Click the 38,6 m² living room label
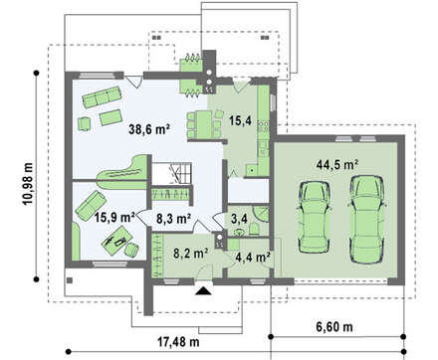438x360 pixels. [149, 129]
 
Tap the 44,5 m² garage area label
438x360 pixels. [336, 165]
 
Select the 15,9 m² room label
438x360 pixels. [114, 218]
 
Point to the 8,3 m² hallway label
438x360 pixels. [173, 219]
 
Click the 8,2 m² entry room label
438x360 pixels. [191, 253]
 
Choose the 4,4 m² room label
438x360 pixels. [253, 257]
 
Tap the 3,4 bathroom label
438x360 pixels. [239, 218]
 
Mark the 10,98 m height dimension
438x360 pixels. [28, 183]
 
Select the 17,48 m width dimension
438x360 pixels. [178, 341]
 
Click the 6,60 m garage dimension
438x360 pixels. [334, 327]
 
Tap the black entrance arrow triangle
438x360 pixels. [203, 290]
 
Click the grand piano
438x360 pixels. [122, 172]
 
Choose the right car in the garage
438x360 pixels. [367, 219]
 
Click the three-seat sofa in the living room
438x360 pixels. [102, 97]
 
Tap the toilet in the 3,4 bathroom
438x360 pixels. [254, 229]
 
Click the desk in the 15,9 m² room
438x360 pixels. [117, 240]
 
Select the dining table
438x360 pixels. [203, 124]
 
